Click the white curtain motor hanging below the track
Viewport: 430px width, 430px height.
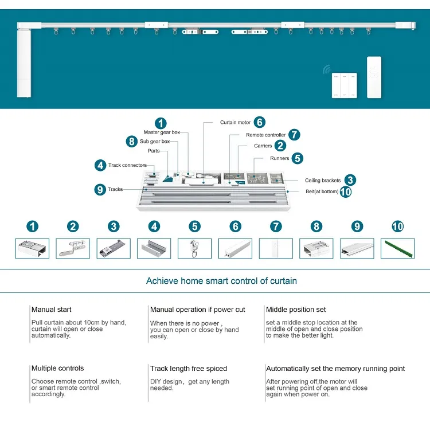click(24, 63)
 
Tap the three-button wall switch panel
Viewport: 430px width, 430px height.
click(344, 85)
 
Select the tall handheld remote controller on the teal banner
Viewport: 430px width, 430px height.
click(374, 77)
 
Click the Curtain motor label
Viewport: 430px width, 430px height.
click(235, 122)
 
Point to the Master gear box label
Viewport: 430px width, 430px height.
click(162, 132)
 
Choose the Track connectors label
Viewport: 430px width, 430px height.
click(127, 165)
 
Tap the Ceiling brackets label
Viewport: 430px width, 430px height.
click(323, 181)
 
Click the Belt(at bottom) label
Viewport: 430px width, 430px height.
click(322, 191)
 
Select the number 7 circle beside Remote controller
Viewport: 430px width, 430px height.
click(294, 135)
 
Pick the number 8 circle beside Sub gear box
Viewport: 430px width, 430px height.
click(132, 142)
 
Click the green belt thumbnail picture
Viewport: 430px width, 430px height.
click(398, 248)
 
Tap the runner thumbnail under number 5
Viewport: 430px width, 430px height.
click(195, 248)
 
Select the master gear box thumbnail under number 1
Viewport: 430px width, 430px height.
click(32, 248)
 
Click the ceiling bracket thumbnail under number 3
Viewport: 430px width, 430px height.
click(114, 248)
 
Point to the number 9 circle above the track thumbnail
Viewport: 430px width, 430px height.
click(357, 226)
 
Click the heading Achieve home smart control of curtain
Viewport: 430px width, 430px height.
click(221, 281)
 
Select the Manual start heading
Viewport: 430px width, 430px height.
click(51, 310)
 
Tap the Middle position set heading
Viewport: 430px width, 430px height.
click(296, 310)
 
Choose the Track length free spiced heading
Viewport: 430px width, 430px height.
click(189, 369)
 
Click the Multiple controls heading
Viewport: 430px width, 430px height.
click(57, 368)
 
